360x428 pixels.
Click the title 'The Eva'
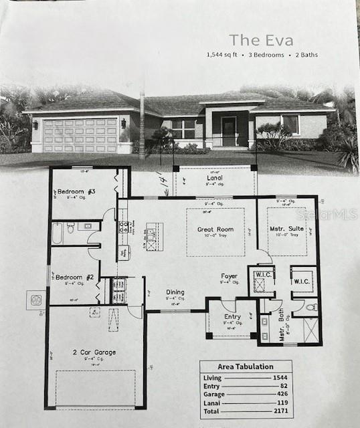coord(257,40)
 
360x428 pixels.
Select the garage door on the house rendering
coord(80,135)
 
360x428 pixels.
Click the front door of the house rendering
coord(229,132)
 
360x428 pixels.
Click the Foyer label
coord(230,276)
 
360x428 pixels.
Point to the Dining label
coord(175,292)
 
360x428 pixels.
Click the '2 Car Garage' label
coord(95,352)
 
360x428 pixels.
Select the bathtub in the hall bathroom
coord(58,233)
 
